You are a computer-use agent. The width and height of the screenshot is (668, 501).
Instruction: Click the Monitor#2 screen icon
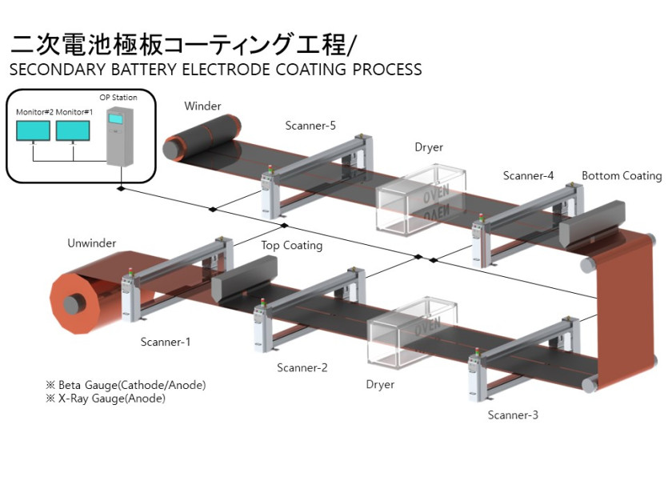click(34, 130)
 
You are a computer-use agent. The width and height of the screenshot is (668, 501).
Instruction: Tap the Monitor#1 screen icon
click(74, 130)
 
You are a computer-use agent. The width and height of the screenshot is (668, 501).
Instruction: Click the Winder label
click(202, 106)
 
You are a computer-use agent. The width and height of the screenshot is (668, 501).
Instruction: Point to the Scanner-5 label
click(310, 126)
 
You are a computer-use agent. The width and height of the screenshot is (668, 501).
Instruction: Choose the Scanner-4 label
click(528, 175)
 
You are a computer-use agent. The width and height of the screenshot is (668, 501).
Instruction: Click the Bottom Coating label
click(622, 175)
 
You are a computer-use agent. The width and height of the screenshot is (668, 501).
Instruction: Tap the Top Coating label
click(291, 245)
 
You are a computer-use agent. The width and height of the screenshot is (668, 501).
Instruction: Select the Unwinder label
click(91, 242)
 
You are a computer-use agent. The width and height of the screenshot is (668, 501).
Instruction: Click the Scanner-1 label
click(166, 342)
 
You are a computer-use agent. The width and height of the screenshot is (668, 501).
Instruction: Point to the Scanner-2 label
click(302, 367)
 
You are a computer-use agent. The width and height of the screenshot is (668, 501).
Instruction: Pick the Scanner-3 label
click(513, 415)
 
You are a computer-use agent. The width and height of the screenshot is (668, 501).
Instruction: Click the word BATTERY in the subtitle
click(142, 70)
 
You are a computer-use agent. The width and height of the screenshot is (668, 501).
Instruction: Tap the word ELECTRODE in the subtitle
click(232, 70)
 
